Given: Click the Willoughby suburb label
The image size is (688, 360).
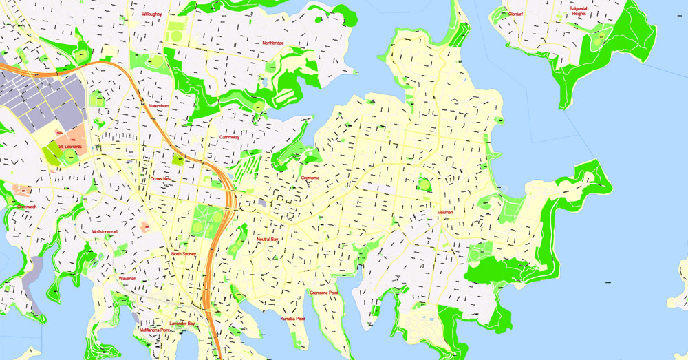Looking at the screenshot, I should pyautogui.click(x=151, y=13).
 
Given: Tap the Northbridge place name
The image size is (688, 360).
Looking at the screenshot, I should pyautogui.click(x=272, y=43).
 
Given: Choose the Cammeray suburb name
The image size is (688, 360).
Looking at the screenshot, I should pyautogui.click(x=229, y=137).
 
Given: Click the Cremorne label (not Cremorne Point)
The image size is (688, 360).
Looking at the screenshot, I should pyautogui.click(x=310, y=178).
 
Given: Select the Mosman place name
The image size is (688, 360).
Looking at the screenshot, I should pyautogui.click(x=445, y=213).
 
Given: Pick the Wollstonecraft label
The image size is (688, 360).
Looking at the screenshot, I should pyautogui.click(x=105, y=232).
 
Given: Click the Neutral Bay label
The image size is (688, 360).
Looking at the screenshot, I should pyautogui.click(x=267, y=239).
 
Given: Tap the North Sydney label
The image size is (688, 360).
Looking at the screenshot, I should pyautogui.click(x=184, y=254).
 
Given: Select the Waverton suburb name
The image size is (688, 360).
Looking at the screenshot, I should pyautogui.click(x=127, y=278).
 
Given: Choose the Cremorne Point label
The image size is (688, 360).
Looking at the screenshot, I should pyautogui.click(x=323, y=293).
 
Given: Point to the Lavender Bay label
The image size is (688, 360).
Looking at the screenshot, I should pyautogui.click(x=182, y=323).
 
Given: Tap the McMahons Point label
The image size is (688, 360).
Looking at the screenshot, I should pyautogui.click(x=155, y=330).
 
